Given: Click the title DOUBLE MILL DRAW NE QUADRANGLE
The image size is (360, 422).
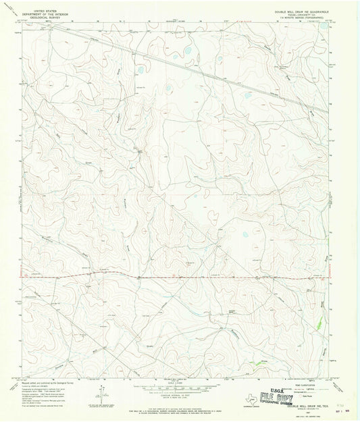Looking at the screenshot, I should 301,6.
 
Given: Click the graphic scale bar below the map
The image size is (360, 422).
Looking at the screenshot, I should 180,387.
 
